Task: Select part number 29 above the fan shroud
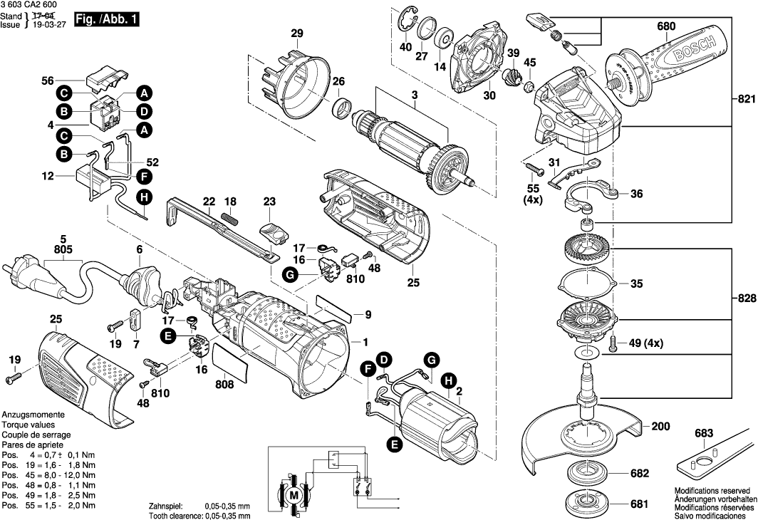[x=297, y=33]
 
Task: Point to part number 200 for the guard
[x=660, y=427]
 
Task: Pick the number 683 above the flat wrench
[x=704, y=433]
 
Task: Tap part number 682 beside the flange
[x=639, y=473]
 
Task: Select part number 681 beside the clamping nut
[x=639, y=504]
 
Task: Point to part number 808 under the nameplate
[x=224, y=384]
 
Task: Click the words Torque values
[x=28, y=425]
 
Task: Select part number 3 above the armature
[x=413, y=95]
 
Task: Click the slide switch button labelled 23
[x=274, y=229]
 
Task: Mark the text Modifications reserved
[x=712, y=491]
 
